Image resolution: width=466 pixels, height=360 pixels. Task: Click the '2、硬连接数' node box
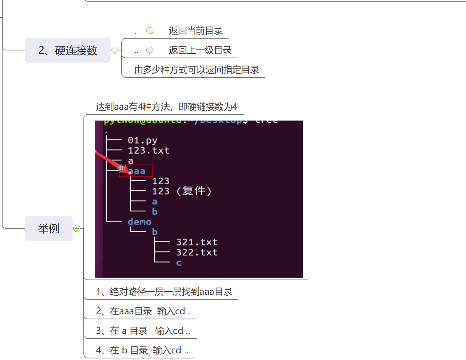tap(68, 50)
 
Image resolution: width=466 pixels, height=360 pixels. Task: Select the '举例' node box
tap(49, 229)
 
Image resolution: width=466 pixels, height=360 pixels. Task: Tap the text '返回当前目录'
tap(196, 31)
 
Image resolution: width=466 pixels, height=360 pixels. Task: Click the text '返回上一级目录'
tap(200, 50)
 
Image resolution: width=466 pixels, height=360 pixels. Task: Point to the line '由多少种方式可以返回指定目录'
tap(197, 70)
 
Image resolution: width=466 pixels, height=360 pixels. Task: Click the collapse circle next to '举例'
tap(77, 229)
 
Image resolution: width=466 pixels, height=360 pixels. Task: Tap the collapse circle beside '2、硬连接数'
tap(115, 50)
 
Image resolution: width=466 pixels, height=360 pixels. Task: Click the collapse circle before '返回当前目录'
tap(150, 31)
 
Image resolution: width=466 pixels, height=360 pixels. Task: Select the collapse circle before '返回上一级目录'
tap(150, 50)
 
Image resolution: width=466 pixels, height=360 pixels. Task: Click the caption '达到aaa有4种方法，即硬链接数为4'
tap(166, 107)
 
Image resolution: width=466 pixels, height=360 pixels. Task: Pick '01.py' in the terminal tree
tap(142, 140)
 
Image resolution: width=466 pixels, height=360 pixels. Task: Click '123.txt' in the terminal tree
tap(149, 150)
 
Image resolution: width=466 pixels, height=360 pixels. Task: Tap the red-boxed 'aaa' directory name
tap(137, 171)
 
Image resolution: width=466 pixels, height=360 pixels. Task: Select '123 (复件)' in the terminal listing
tap(182, 191)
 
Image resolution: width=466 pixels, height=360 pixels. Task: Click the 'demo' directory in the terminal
tap(139, 222)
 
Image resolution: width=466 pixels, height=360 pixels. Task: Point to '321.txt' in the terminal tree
tap(197, 242)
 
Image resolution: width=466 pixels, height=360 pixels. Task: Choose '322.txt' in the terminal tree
tap(197, 252)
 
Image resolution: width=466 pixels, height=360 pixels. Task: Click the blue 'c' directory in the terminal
tap(179, 263)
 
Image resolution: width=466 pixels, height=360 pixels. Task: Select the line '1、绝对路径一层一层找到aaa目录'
tap(164, 292)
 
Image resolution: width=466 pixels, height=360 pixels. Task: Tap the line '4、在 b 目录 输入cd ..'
tap(142, 350)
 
